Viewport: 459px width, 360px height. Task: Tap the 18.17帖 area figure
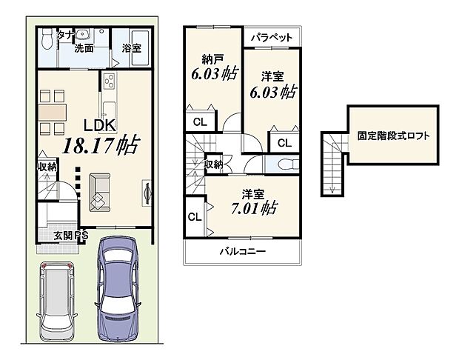point(102,145)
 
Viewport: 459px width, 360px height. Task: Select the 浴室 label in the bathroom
point(133,48)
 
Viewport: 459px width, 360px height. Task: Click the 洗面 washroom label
point(83,49)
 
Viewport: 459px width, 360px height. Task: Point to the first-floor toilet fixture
point(48,37)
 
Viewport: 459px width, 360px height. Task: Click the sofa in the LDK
point(98,190)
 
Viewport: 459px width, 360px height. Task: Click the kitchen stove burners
point(110,82)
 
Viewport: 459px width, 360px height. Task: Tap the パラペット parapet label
point(271,37)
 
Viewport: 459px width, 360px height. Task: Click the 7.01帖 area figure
point(252,207)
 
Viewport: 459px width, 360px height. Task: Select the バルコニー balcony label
point(241,252)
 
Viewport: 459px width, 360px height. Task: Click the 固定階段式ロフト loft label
point(393,136)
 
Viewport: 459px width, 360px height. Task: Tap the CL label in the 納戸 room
point(199,122)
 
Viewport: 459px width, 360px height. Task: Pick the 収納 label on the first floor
point(47,167)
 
